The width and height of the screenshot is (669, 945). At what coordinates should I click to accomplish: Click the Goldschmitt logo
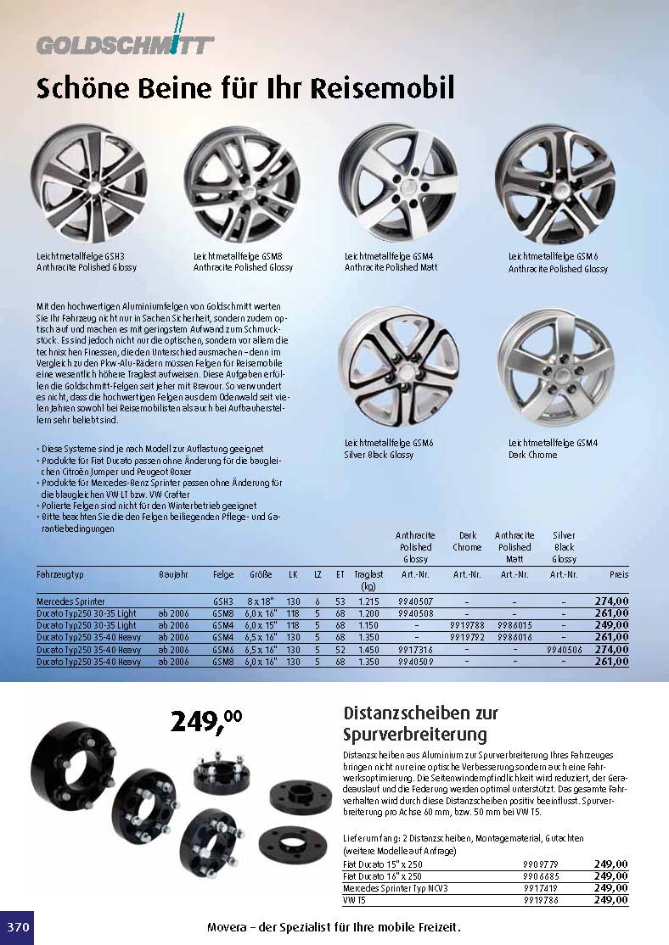[x=125, y=42]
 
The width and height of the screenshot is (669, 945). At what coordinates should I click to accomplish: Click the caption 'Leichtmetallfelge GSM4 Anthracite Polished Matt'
[x=391, y=261]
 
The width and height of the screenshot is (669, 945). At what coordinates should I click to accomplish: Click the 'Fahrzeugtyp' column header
[x=60, y=574]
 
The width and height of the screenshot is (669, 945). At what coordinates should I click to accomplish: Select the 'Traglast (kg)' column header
[x=368, y=579]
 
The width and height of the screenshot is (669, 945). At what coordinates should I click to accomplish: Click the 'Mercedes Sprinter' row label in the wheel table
[x=70, y=601]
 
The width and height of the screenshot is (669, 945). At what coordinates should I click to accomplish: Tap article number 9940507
[x=415, y=601]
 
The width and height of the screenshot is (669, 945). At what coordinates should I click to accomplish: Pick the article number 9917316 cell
[x=415, y=649]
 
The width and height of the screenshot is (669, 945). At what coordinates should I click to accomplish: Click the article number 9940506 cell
[x=564, y=649]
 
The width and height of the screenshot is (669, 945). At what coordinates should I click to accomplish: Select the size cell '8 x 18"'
[x=261, y=601]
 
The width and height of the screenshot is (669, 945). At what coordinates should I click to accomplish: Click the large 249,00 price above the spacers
[x=206, y=721]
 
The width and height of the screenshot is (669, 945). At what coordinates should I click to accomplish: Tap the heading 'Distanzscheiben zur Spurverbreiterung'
[x=421, y=723]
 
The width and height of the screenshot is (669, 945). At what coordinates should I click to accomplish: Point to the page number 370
[x=18, y=927]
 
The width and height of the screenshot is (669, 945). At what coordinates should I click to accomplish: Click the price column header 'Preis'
[x=619, y=574]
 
